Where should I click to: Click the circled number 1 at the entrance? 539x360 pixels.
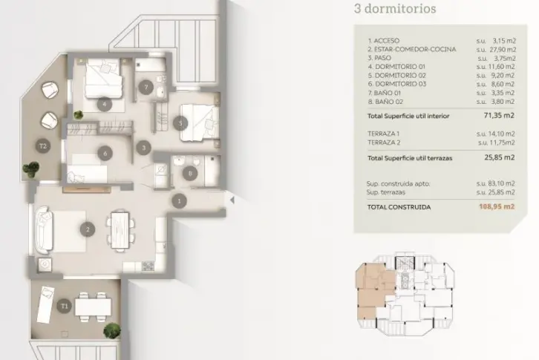179,201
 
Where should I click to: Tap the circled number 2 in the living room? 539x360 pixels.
88,229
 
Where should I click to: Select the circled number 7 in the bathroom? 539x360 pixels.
146,88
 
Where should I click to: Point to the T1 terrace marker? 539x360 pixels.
65,306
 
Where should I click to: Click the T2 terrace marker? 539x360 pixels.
43,146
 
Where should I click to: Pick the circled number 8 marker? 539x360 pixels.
190,174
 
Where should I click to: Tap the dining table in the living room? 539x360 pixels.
120,230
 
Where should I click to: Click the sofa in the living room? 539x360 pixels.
44,230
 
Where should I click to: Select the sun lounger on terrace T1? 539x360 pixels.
45,305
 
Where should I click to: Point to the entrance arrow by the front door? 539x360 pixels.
232,200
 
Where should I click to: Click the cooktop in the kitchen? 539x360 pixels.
148,266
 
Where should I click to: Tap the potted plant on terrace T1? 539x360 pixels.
112,330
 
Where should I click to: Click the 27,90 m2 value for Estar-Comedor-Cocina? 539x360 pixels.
503,50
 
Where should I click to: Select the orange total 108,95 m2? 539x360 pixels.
497,206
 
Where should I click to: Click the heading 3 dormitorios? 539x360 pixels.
395,9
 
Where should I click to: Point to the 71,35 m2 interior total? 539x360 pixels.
499,115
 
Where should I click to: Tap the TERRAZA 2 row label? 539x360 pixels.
384,143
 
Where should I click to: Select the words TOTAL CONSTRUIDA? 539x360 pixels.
399,207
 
